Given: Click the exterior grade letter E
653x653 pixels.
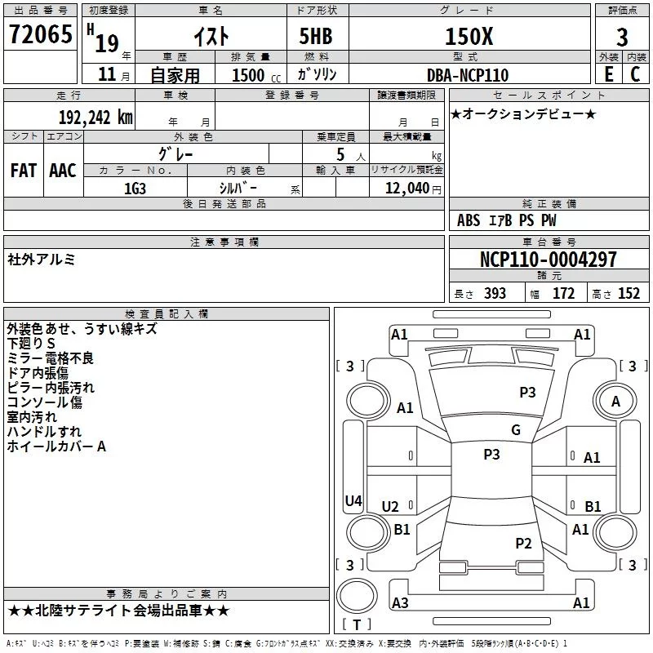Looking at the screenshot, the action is point(607,74).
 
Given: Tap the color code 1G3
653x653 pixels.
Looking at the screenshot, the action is point(135,188).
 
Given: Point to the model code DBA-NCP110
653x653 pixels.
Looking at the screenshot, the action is point(467,75).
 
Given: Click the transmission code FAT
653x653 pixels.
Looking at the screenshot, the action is point(23,171).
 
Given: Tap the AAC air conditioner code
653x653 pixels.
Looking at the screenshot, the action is point(62,171).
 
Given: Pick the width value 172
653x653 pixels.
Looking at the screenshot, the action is point(563,294).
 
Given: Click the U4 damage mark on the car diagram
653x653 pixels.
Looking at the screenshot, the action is point(353,501).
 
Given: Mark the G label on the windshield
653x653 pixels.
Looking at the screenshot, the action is point(515,430).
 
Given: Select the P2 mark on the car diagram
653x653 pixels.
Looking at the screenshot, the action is point(523,543).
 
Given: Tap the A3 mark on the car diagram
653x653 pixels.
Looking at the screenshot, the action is point(400,602).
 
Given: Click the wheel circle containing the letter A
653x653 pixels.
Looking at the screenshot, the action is point(615,401).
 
